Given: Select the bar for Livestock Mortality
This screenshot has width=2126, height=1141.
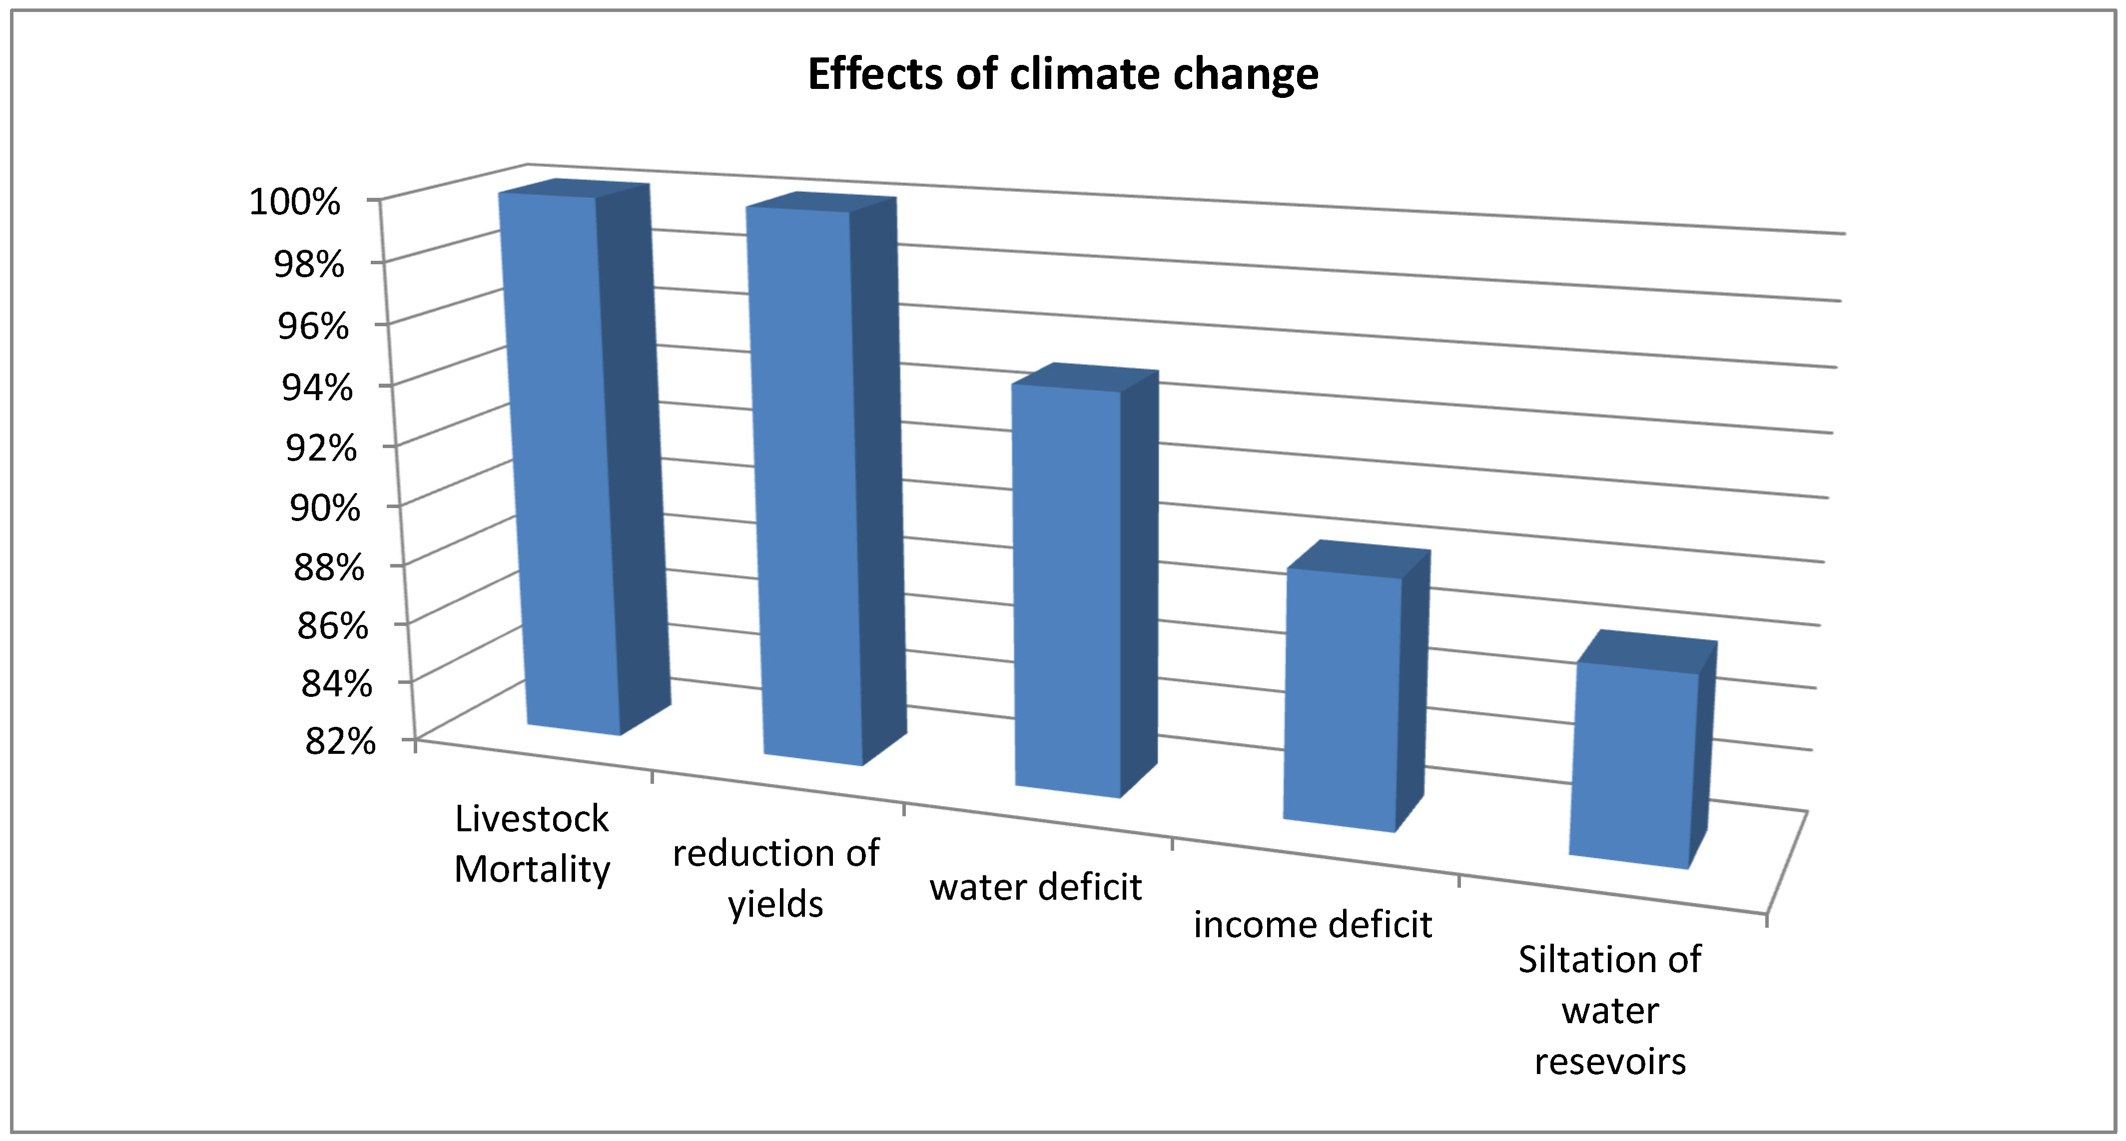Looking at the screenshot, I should click(561, 462).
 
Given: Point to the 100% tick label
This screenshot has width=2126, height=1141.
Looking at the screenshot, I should click(295, 201).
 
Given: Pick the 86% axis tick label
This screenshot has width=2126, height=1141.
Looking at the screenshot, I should click(333, 625).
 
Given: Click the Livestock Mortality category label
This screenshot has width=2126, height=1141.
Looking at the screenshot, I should click(532, 843).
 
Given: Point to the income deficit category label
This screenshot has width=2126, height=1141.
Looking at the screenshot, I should click(1312, 924).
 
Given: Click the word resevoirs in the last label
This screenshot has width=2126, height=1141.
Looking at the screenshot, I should click(1609, 1061).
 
